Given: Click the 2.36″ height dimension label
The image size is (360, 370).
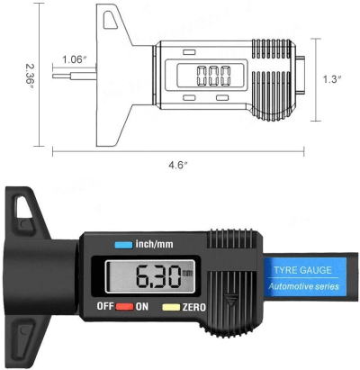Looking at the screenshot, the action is coord(31,76).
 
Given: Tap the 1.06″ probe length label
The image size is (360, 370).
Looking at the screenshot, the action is coord(75,59).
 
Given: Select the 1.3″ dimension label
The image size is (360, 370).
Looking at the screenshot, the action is coord(332,79).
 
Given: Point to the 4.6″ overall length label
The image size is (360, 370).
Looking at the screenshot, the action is coord(178,165).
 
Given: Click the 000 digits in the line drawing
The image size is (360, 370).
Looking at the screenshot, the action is coord(213,76).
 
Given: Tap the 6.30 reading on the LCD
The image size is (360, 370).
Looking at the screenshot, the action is coord(157,276).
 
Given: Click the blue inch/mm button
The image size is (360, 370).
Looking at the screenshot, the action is coord(123,245).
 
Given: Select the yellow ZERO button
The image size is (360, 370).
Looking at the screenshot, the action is coord(171,307).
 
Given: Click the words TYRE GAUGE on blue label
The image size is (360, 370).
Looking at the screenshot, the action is coord(302,270).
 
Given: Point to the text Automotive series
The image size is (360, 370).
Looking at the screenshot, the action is coord(303,286).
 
